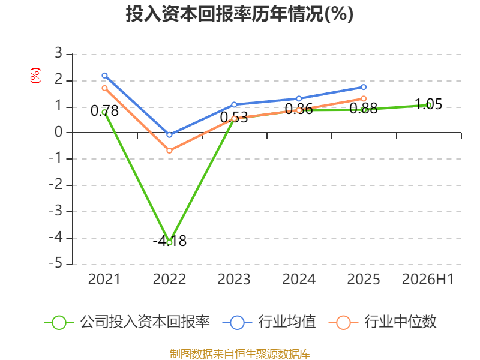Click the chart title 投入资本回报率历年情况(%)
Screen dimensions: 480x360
point(239,14)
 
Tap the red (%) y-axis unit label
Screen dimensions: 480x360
point(35,76)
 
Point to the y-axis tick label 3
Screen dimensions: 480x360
point(58,53)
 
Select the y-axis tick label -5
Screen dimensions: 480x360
point(56,263)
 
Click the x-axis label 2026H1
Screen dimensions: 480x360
point(428,279)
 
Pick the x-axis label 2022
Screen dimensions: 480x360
point(169,279)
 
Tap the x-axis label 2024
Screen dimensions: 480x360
point(299,279)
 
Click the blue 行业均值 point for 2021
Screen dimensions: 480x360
point(104,76)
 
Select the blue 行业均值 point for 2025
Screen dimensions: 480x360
point(364,87)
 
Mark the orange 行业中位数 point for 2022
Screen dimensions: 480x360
point(169,151)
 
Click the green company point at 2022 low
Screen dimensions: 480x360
point(169,242)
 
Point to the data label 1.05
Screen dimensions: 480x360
point(428,104)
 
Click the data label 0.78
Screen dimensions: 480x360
point(104,111)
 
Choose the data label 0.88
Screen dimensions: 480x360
point(364,109)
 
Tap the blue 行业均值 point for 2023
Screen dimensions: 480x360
point(234,104)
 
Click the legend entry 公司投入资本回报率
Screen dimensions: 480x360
point(127,322)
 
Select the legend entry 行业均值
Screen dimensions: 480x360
point(269,322)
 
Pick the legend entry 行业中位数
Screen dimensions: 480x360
point(382,322)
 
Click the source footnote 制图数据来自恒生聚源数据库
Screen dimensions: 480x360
point(240,354)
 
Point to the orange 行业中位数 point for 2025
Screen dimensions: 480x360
point(364,98)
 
